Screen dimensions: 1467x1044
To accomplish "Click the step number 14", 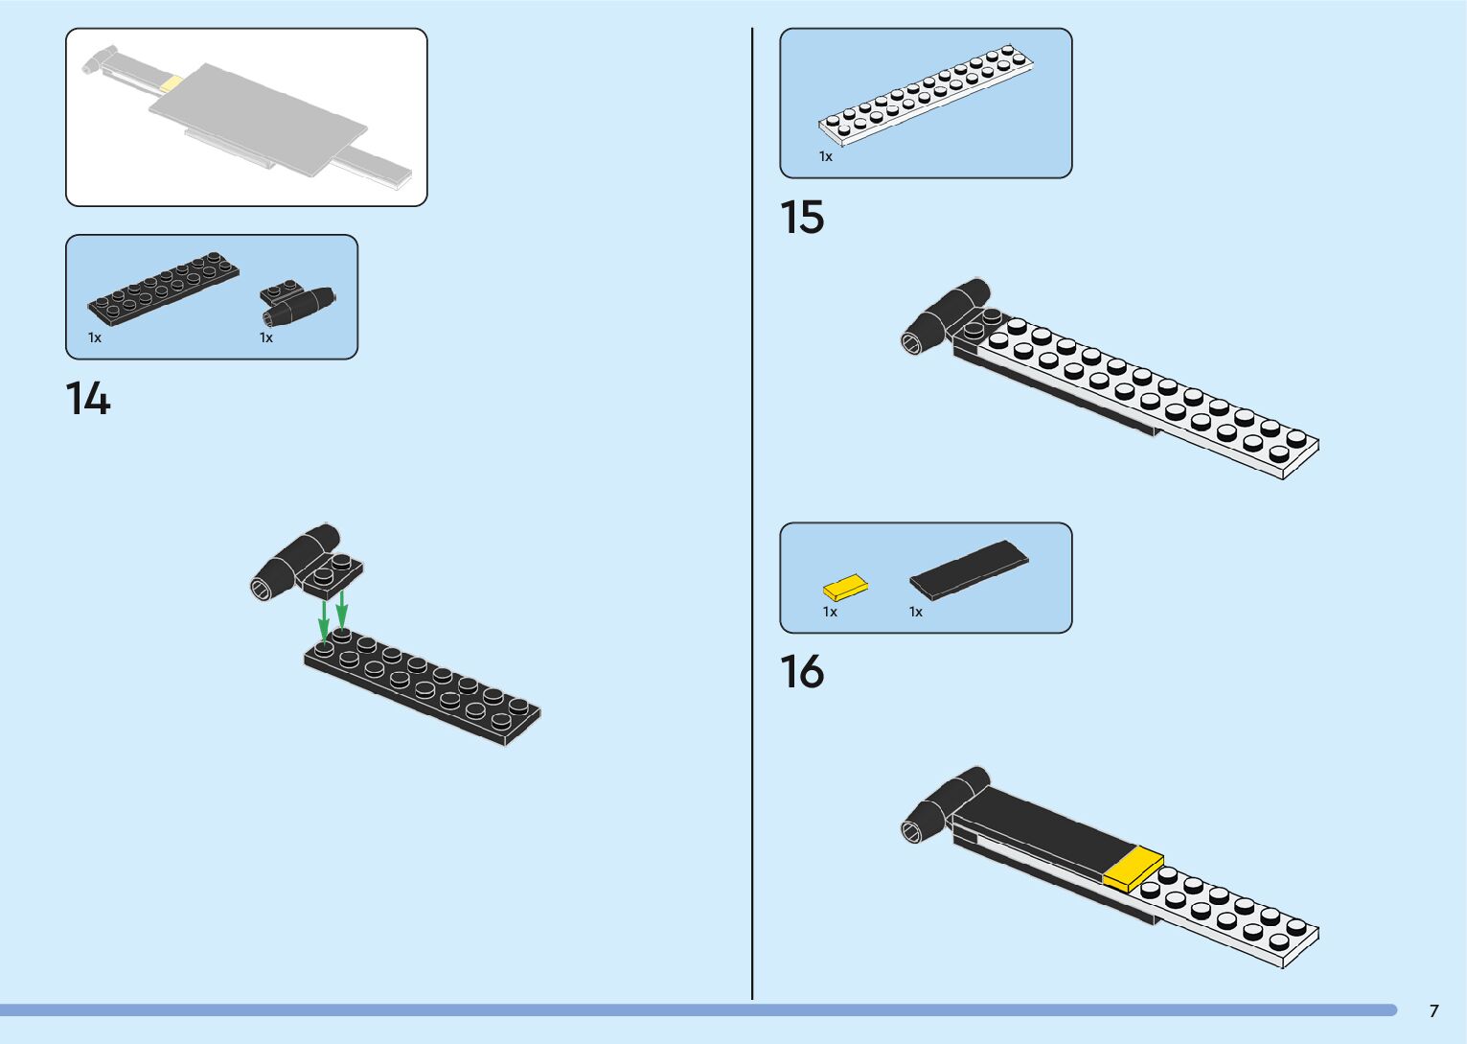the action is tap(88, 398).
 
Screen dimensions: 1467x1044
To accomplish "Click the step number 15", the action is tap(802, 217).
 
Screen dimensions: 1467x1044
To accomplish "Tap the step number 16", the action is tap(802, 671).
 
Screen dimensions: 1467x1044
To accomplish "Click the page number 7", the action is tap(1433, 1010).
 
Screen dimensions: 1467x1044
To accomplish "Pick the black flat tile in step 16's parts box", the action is tap(968, 570).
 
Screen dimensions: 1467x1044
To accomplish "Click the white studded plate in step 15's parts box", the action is tap(926, 94).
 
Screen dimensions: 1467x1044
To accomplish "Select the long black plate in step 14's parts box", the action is tap(164, 286).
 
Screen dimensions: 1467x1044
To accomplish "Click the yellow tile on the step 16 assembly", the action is tap(1133, 869).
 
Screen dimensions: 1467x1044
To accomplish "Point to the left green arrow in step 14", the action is tap(325, 618).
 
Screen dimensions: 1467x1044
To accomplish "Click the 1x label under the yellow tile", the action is tap(830, 612).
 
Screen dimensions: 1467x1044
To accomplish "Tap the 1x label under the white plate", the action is tap(825, 156).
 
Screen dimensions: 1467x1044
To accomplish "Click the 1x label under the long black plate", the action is tap(95, 337).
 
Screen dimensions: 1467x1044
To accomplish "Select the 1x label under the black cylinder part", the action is tap(266, 337).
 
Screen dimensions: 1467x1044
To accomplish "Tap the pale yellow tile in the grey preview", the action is tap(171, 84).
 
